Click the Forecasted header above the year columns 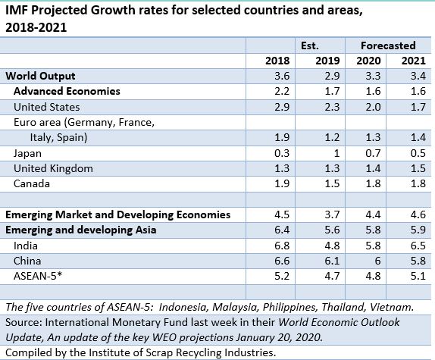tap(388, 45)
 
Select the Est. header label tap(308, 45)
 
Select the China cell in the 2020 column tap(372, 261)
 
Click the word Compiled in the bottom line tap(27, 352)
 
